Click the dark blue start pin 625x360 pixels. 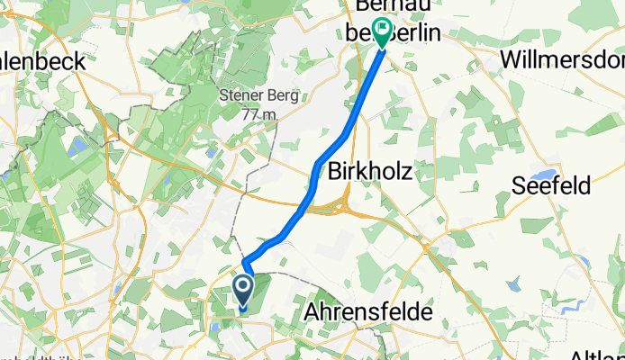point(243,290)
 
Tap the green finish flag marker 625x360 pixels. point(384,32)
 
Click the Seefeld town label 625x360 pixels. point(551,185)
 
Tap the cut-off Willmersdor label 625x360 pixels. point(563,60)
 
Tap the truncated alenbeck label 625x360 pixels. point(42,61)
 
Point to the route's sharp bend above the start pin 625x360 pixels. point(244,261)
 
